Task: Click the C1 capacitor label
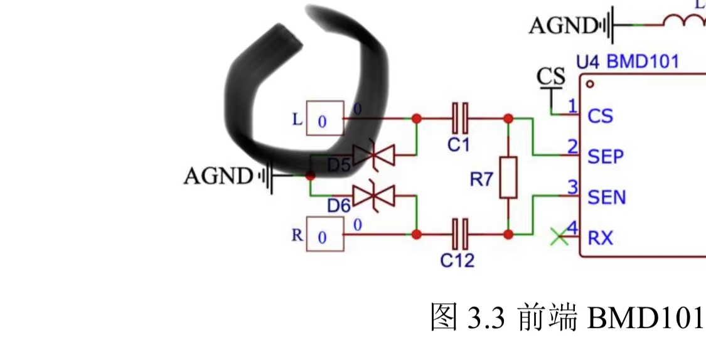458,145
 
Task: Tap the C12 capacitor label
457,260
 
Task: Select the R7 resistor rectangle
508,178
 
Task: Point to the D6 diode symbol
373,196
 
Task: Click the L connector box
324,119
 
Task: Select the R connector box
324,235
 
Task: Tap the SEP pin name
606,156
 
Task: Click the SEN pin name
607,197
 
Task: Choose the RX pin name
601,238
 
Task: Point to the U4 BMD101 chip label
627,61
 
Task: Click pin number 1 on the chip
572,105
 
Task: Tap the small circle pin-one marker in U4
589,83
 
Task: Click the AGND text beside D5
218,176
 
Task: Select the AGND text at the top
563,26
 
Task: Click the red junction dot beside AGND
310,176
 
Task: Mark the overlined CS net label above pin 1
551,77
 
